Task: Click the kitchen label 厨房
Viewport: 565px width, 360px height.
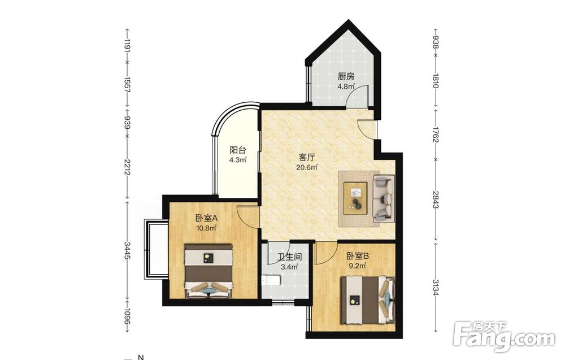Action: point(346,76)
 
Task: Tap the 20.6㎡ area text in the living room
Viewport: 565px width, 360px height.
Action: point(307,167)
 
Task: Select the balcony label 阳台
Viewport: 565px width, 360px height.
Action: point(238,150)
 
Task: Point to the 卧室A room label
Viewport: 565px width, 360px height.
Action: point(206,218)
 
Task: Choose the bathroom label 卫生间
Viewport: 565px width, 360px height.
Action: point(289,257)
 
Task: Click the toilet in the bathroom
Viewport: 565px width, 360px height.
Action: point(271,280)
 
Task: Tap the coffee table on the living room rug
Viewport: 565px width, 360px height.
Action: point(355,198)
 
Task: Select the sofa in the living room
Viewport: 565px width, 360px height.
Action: point(384,198)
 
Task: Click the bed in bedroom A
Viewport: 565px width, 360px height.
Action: point(208,271)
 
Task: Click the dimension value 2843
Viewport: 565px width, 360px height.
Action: point(435,199)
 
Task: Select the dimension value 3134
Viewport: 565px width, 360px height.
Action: point(435,288)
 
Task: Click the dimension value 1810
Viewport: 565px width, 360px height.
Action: point(435,81)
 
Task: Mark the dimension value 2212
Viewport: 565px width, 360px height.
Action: point(127,167)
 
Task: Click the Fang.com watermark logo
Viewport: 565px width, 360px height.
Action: point(504,337)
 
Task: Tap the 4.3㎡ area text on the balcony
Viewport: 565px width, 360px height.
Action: point(238,160)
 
